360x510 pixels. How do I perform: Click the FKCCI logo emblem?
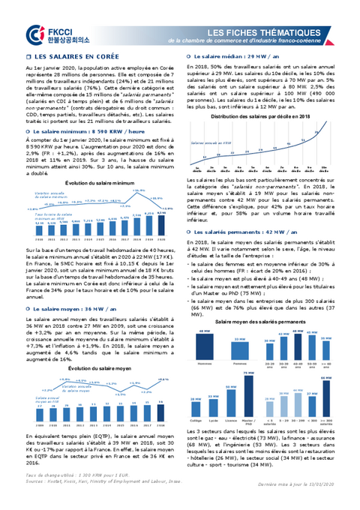tap(31, 34)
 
